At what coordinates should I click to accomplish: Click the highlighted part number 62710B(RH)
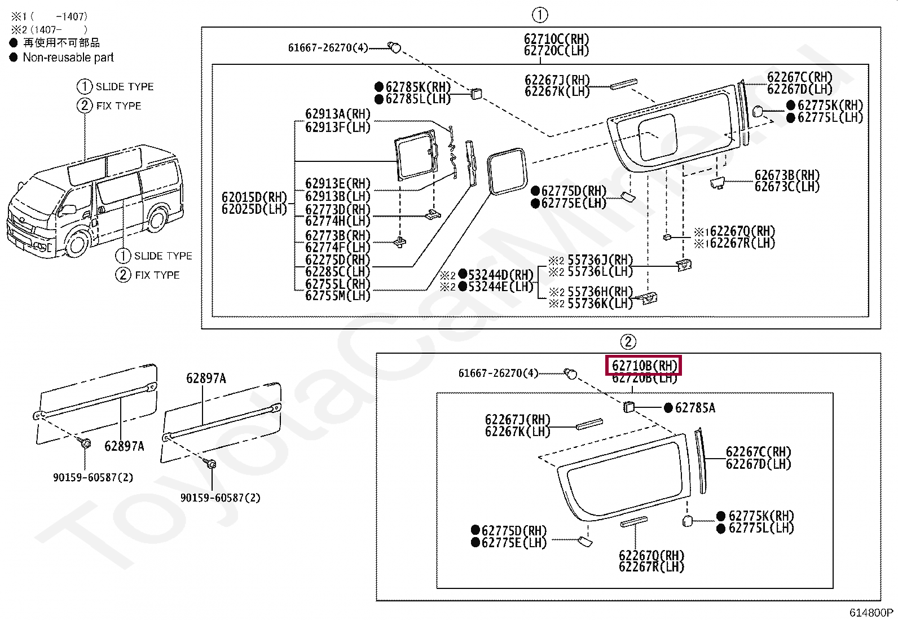pyautogui.click(x=644, y=366)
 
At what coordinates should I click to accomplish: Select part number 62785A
pyautogui.click(x=694, y=408)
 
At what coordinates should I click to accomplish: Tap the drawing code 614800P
pyautogui.click(x=871, y=613)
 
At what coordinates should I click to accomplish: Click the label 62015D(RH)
pyautogui.click(x=254, y=197)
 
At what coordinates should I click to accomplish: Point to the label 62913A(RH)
pyautogui.click(x=337, y=114)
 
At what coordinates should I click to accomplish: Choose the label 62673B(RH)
pyautogui.click(x=786, y=175)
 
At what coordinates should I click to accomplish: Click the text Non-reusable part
pyautogui.click(x=68, y=58)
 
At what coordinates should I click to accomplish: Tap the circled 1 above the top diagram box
pyautogui.click(x=540, y=15)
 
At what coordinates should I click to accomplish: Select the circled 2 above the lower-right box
pyautogui.click(x=628, y=342)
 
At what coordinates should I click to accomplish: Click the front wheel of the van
pyautogui.click(x=77, y=243)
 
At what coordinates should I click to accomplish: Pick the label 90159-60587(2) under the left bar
pyautogui.click(x=93, y=477)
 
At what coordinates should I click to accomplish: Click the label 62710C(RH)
pyautogui.click(x=556, y=39)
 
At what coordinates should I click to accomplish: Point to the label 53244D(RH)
pyautogui.click(x=500, y=275)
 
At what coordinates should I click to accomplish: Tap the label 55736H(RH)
pyautogui.click(x=600, y=292)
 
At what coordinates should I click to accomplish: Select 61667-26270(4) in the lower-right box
pyautogui.click(x=498, y=373)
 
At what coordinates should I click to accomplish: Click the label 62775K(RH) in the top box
pyautogui.click(x=830, y=105)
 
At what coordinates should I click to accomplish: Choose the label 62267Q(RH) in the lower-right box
pyautogui.click(x=651, y=555)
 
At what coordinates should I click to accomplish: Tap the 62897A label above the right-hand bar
pyautogui.click(x=206, y=379)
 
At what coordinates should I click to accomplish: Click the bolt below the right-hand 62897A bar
pyautogui.click(x=212, y=464)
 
